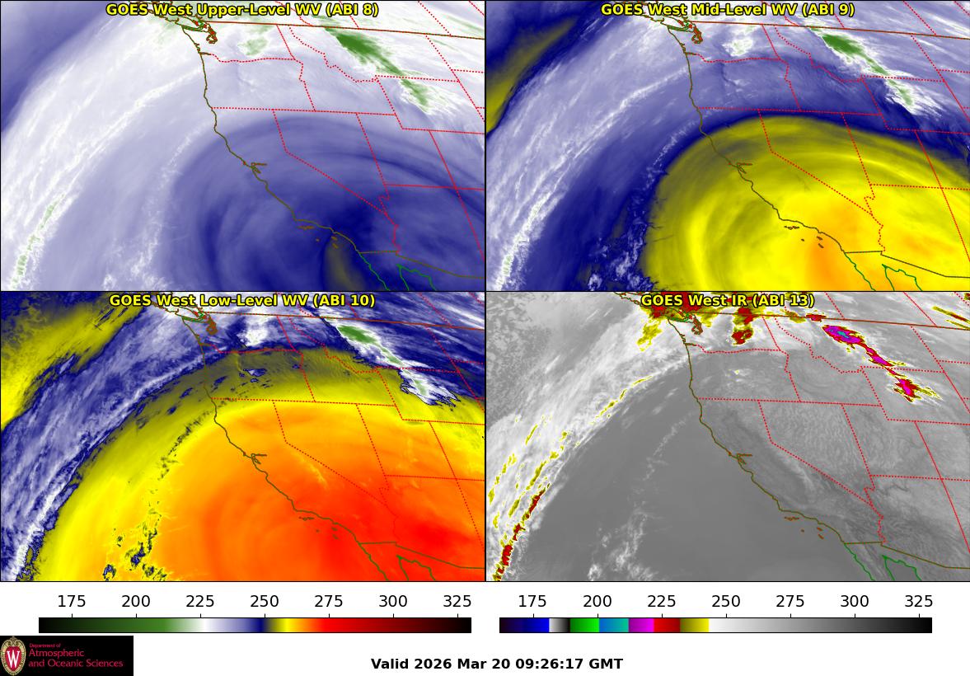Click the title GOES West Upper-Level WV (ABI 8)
[x=242, y=10]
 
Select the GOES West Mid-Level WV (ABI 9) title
[x=728, y=10]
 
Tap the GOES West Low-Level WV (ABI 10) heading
[x=242, y=301]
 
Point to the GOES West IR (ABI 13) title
[x=728, y=301]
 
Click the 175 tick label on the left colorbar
[x=73, y=601]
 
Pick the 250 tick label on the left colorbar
[x=265, y=601]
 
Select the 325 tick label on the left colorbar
[x=457, y=601]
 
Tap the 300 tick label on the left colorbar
[x=393, y=601]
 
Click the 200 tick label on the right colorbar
[x=597, y=601]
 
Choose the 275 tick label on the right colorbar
[x=790, y=601]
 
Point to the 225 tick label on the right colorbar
[x=662, y=601]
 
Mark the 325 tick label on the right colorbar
[x=918, y=601]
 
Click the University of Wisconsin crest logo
[x=13, y=656]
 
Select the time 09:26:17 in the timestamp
[x=548, y=664]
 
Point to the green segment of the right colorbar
[x=583, y=625]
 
